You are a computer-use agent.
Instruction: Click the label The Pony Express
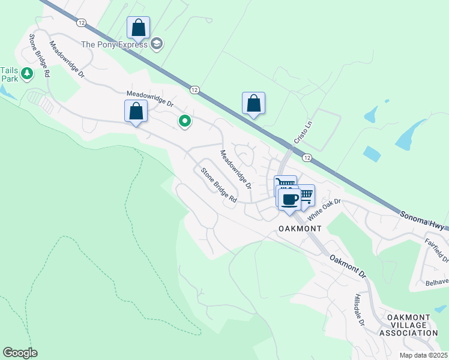pos(115,44)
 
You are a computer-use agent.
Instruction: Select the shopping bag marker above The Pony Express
pos(138,28)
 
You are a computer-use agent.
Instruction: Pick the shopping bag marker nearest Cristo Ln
pos(253,103)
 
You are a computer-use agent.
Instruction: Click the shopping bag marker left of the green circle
pos(136,112)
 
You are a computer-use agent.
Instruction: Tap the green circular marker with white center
pos(185,122)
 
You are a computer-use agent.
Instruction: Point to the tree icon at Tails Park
pos(26,73)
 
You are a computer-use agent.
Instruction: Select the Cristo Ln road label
pos(303,133)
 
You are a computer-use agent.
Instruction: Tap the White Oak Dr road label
pos(324,205)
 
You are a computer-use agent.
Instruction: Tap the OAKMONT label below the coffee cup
pos(300,229)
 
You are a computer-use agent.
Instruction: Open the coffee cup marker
pos(289,200)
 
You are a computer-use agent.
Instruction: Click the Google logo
pos(20,353)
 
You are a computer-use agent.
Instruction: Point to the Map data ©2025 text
pos(423,355)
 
